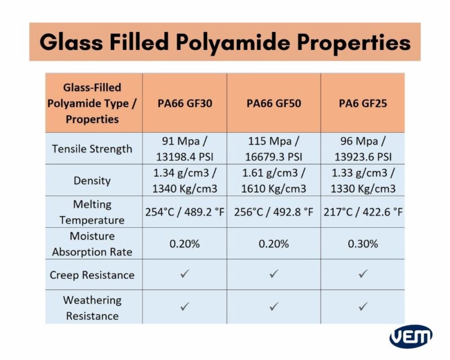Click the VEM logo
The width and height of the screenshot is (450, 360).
point(411,336)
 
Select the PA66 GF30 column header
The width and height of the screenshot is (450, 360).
point(184,103)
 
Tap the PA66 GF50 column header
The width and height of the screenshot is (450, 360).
point(274,103)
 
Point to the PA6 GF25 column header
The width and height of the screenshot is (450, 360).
point(363,103)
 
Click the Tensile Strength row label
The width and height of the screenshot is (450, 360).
point(92,149)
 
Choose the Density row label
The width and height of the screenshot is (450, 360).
point(92,181)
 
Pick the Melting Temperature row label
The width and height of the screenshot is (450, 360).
point(92,211)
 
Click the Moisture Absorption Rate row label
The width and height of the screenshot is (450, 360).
point(92,244)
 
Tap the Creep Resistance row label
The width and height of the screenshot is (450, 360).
point(92,274)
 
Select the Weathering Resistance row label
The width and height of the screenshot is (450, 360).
point(92,308)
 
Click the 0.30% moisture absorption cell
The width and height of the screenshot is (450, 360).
point(363,244)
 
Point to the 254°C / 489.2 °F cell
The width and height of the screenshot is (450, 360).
point(184,212)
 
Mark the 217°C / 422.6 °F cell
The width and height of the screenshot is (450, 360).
point(363,212)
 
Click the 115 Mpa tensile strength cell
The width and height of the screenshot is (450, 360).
point(274,148)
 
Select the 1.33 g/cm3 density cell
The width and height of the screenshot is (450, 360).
point(363,181)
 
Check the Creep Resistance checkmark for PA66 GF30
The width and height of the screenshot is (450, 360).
point(184,274)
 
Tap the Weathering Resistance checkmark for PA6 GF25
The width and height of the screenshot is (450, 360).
point(363,307)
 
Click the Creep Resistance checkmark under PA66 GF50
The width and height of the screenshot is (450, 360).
point(274,274)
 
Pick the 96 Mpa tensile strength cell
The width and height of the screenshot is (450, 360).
point(363,148)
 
